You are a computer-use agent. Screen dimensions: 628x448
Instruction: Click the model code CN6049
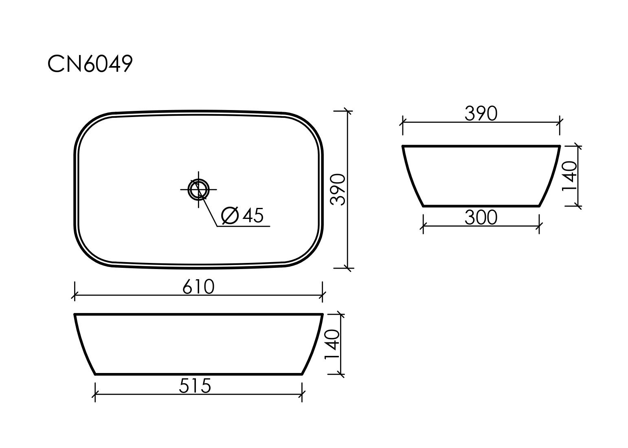(90, 64)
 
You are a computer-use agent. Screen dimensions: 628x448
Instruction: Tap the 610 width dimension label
(198, 287)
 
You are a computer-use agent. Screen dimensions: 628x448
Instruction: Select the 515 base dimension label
(195, 386)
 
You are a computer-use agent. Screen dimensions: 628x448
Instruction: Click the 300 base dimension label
(481, 218)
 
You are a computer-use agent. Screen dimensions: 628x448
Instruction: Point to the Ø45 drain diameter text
(242, 216)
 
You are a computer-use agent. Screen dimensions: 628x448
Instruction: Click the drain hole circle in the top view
(198, 190)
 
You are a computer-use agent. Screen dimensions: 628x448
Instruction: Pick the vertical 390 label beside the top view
(338, 190)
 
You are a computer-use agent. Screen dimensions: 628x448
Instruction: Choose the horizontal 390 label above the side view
(481, 114)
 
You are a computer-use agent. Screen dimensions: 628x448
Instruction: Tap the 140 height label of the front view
(332, 344)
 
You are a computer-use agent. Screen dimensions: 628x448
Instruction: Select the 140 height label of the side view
(570, 176)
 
